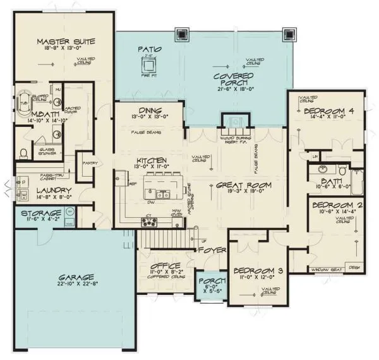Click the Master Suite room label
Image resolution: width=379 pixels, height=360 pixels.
[x=65, y=42]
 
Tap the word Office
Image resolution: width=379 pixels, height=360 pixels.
[x=167, y=265]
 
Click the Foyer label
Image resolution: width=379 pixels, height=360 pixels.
[x=210, y=249]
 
